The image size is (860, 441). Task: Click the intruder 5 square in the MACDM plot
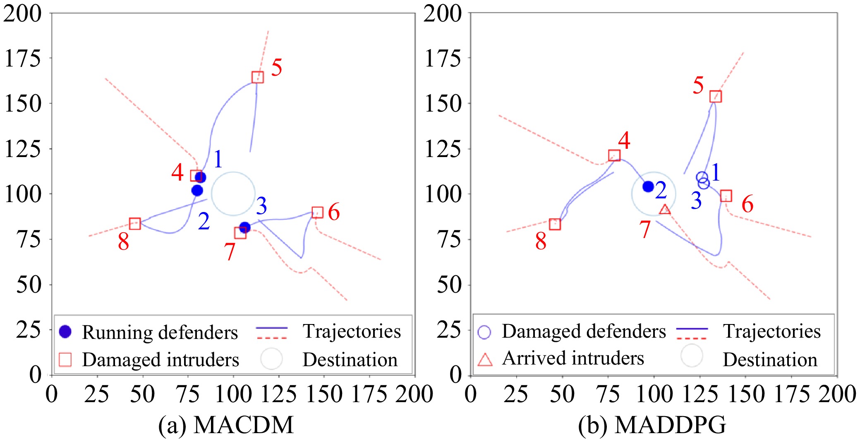(x=257, y=77)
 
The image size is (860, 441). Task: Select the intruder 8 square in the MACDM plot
(x=135, y=224)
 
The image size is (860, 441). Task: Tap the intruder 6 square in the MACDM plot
(x=317, y=212)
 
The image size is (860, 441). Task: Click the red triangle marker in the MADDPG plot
(x=665, y=210)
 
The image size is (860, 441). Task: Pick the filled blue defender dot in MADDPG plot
(x=648, y=186)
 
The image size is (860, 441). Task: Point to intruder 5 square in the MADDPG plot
(x=716, y=96)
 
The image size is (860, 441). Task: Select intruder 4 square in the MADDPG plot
(x=614, y=155)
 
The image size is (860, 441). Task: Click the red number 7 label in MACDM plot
(x=230, y=251)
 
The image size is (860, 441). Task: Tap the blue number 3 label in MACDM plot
(x=261, y=206)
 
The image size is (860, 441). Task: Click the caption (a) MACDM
(x=226, y=425)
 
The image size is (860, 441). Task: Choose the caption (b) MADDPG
(x=652, y=425)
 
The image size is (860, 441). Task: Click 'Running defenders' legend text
(x=160, y=332)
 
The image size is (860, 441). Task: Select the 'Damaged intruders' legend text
(x=161, y=360)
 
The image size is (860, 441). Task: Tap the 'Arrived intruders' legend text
(x=573, y=358)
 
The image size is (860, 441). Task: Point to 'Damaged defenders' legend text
(x=584, y=331)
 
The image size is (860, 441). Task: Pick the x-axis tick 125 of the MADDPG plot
(x=700, y=394)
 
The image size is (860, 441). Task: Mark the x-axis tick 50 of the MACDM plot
(x=142, y=394)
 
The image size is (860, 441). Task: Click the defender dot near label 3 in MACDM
(x=245, y=227)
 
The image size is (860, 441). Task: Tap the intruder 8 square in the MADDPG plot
(x=555, y=224)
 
